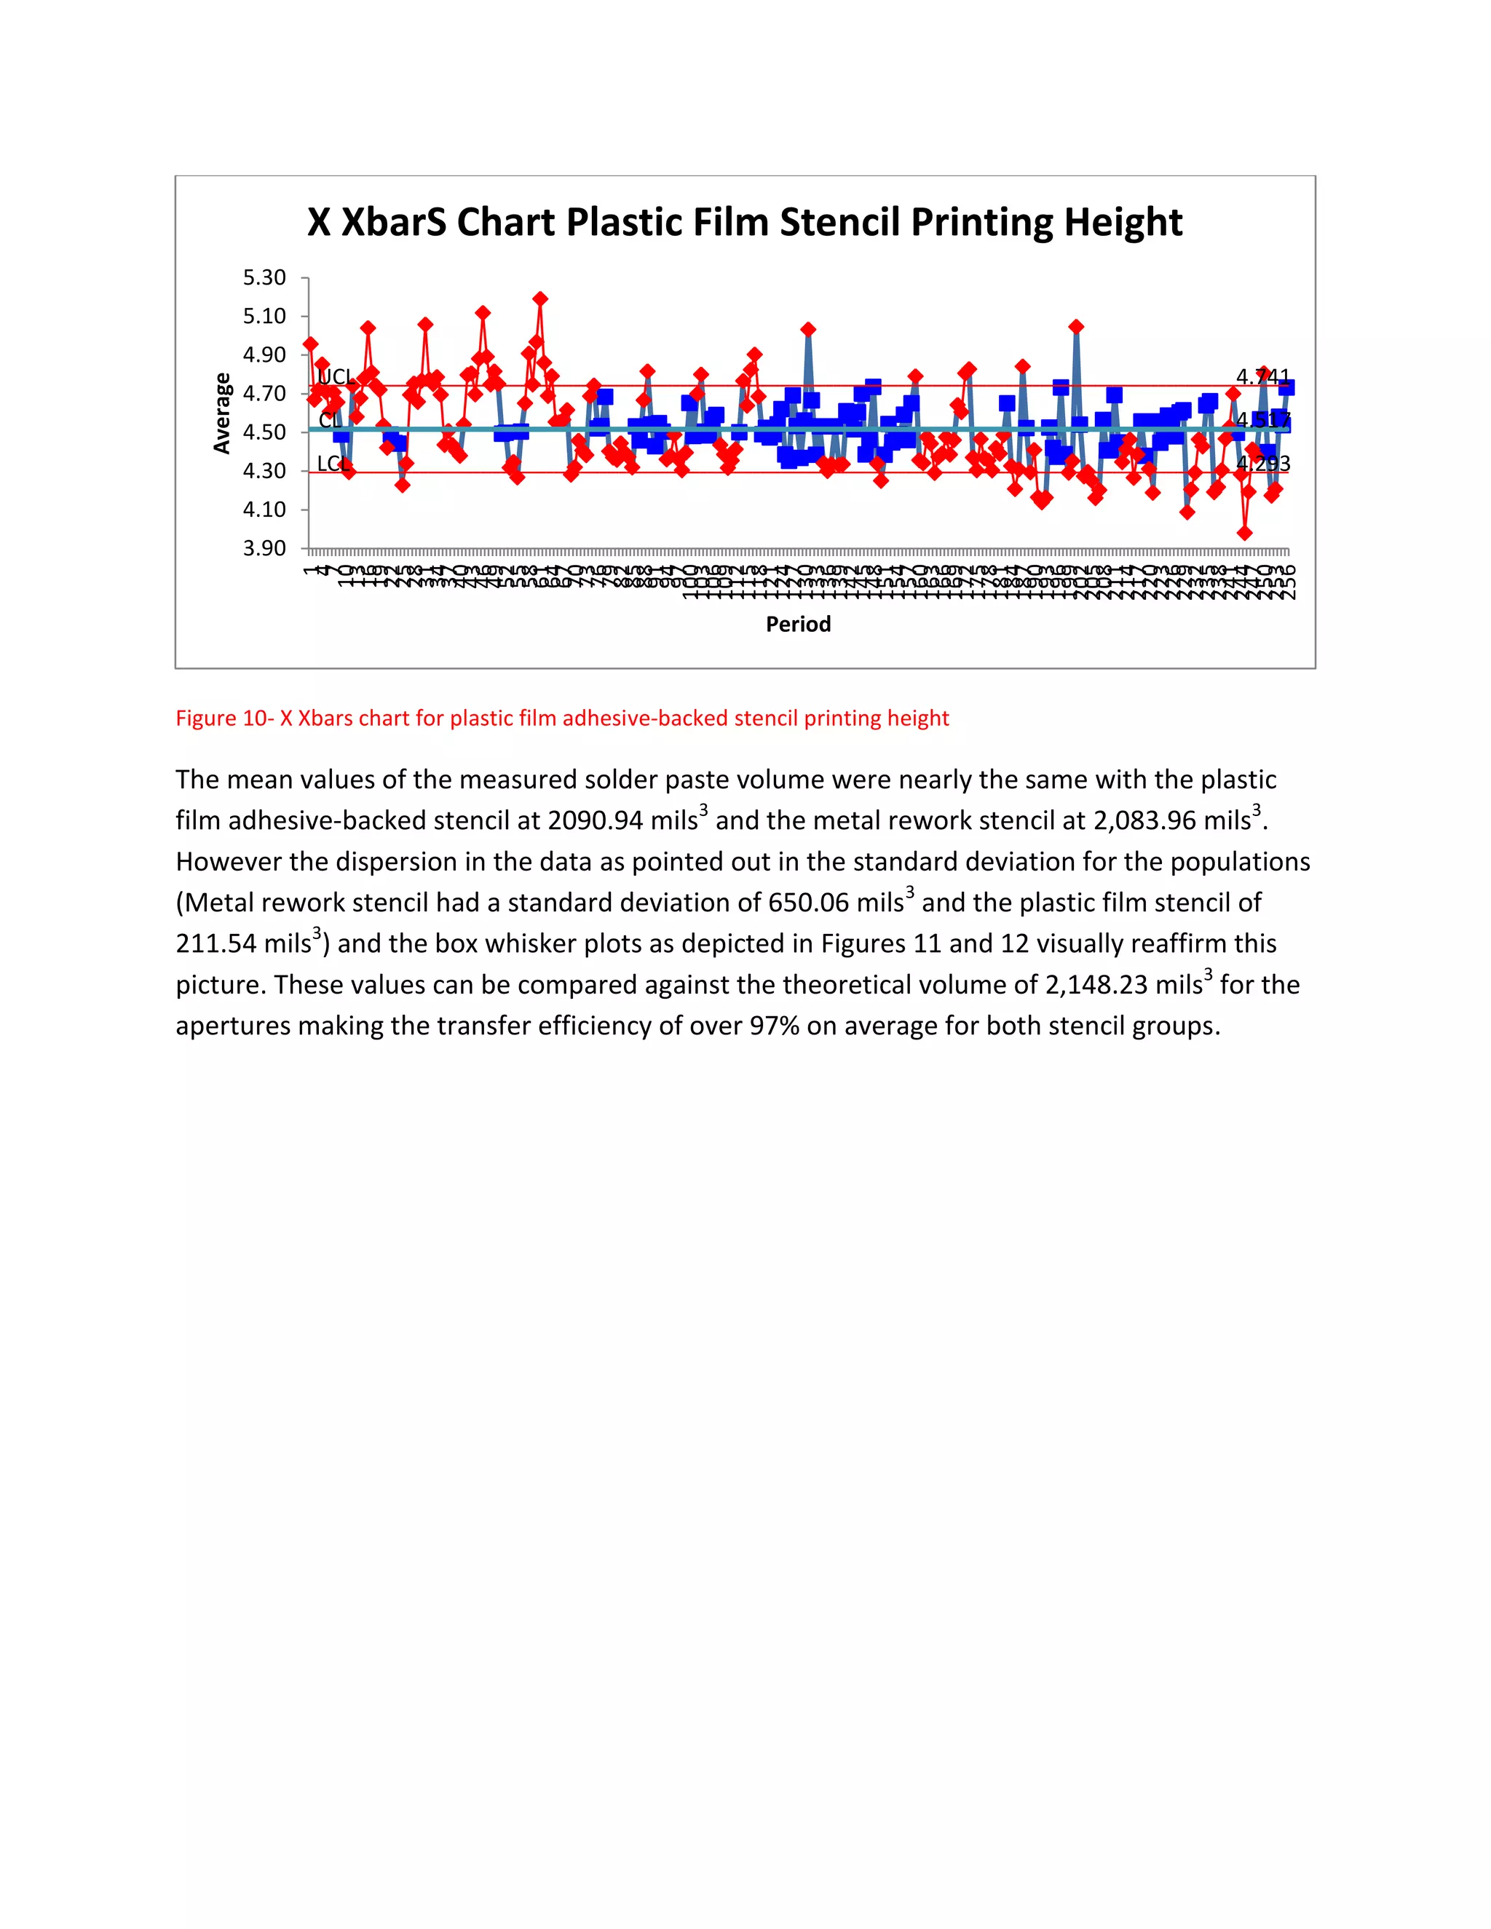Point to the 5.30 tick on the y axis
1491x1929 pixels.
(x=264, y=277)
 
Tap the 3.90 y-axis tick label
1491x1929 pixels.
(x=264, y=549)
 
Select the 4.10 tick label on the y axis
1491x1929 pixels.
(x=264, y=510)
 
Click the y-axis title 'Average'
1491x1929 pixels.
(x=222, y=413)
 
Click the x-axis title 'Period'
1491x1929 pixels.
(x=798, y=625)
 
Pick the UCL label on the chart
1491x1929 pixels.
(x=335, y=378)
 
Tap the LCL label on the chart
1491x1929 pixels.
(x=331, y=464)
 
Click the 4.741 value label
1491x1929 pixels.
(x=1262, y=377)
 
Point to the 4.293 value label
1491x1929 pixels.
(x=1262, y=464)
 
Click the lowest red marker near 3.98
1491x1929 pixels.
(x=1244, y=533)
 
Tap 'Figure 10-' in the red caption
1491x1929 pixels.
(x=224, y=718)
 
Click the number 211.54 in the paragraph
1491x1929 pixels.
(x=215, y=943)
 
